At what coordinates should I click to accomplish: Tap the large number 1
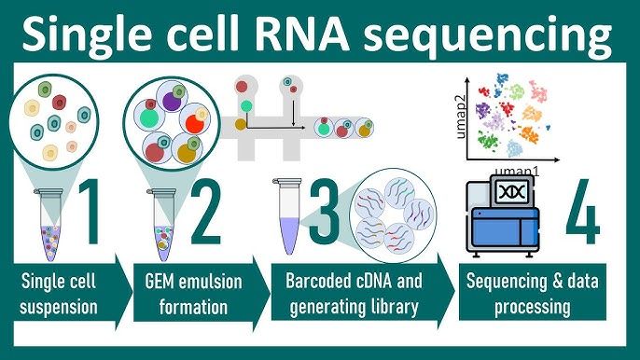95,213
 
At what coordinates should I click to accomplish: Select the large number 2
203,213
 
